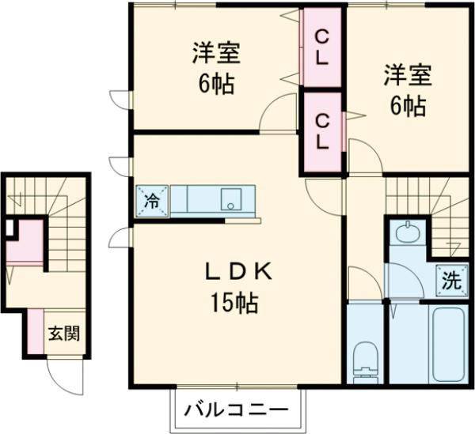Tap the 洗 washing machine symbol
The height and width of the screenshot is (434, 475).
point(450,279)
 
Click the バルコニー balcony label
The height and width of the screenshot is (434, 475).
point(237,410)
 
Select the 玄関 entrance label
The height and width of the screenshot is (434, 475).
point(66,333)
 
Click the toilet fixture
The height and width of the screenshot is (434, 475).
point(366,357)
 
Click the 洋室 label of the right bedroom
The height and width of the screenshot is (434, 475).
point(407,76)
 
